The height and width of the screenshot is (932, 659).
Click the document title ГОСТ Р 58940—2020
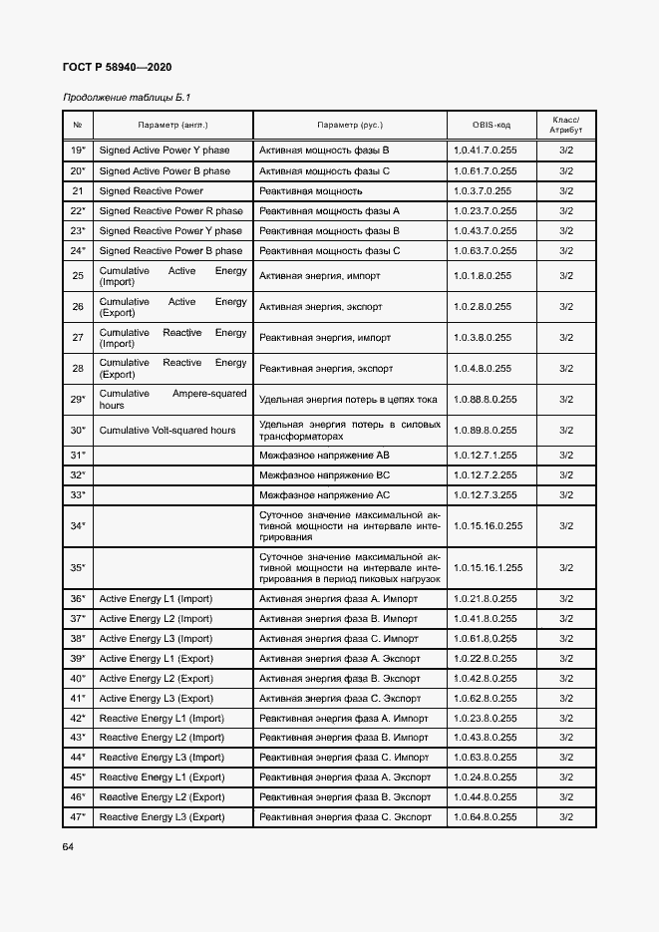pos(118,67)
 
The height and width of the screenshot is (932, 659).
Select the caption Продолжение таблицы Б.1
pos(126,98)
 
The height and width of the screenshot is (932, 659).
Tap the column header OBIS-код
pos(492,125)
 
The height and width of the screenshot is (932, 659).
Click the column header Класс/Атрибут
pos(565,125)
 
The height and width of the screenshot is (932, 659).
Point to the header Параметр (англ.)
pos(172,125)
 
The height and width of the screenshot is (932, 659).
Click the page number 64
pos(69,846)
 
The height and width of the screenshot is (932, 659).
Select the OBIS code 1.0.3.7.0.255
pos(483,190)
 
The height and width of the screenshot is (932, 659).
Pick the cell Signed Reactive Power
pos(151,190)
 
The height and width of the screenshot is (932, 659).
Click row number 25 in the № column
pos(78,276)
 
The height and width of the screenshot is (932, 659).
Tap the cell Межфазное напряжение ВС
pos(324,474)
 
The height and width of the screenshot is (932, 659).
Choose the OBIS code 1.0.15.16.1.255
pos(488,567)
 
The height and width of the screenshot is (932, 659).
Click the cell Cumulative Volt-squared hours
pos(167,430)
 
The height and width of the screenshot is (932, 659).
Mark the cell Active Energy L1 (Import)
pos(156,598)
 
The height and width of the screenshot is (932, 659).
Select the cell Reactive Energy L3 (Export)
pos(162,816)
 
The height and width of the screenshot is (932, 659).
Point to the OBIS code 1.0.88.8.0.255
pos(485,399)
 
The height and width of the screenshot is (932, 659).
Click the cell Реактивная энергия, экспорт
pos(321,368)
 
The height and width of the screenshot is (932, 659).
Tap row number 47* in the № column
pos(78,816)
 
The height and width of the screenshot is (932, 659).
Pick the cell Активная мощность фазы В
pos(324,151)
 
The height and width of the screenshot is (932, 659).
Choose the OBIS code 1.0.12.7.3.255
pos(485,494)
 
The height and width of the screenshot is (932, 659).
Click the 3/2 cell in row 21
pos(565,190)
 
